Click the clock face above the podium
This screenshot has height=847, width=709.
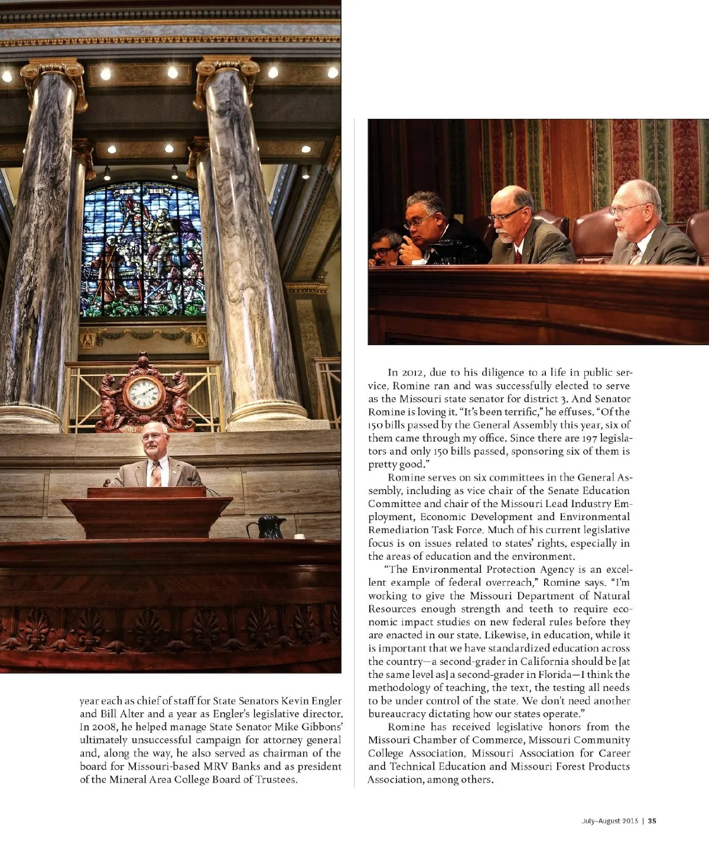143,392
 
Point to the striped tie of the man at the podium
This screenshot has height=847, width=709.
155,473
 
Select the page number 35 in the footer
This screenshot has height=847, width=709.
652,820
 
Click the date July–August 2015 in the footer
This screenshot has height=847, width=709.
607,820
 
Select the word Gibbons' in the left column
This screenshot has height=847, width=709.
323,727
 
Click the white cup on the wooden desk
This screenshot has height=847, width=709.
299,536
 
